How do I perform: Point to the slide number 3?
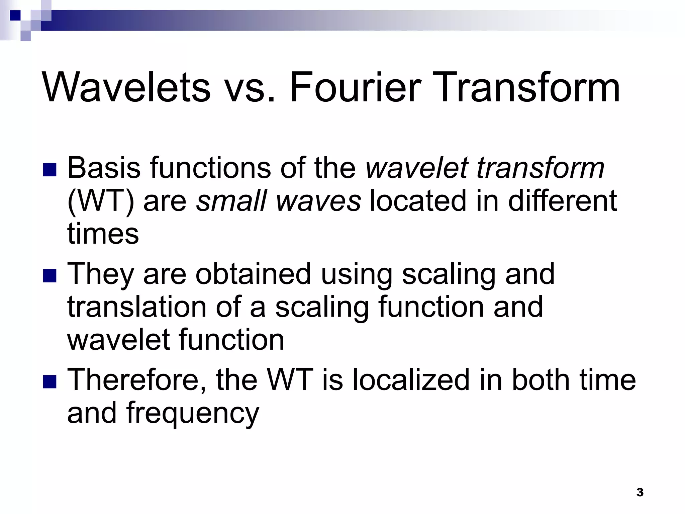[x=640, y=492]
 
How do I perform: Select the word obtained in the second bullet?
[x=253, y=274]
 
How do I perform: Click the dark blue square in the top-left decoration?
[x=15, y=15]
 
